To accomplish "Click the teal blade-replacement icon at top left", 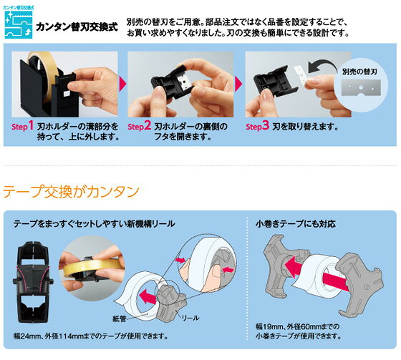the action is coord(19,24).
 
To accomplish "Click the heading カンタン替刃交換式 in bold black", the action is coord(77,26).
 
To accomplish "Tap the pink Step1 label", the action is coord(22,126).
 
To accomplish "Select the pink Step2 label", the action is coord(140,126).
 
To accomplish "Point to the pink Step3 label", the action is coord(258,126).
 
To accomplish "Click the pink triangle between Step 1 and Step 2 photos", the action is coord(122,84).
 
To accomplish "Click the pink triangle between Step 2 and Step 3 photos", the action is coord(238,84).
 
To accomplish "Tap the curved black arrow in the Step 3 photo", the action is coord(323,65).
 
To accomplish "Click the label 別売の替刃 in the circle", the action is coord(359,72).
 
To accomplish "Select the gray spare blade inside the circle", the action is coord(361,88).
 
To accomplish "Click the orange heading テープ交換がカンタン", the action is coord(71,192).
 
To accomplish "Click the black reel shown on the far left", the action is coord(32,282).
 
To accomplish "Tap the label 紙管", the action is coord(120,318).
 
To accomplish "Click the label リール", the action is coord(190,318).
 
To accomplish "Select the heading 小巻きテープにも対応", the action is coord(295,224).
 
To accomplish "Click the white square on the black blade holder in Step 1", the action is coord(67,93).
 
